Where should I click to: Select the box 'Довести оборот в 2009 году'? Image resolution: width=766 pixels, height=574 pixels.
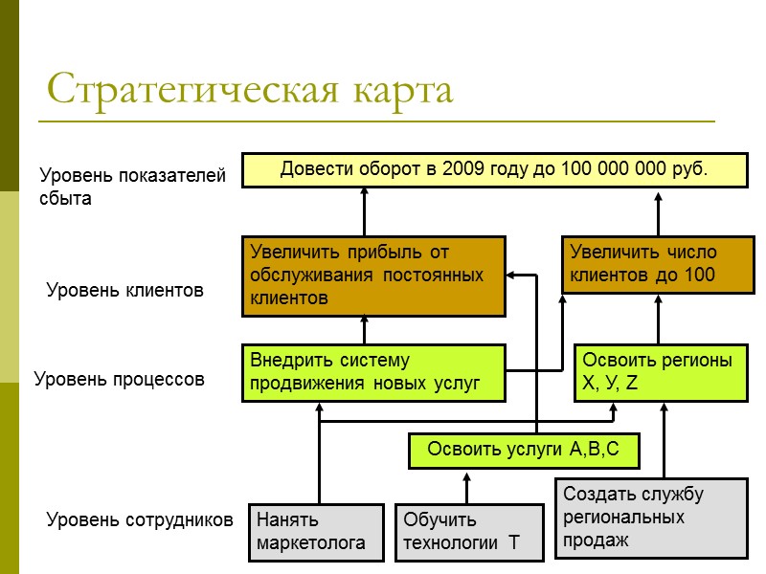[494, 169]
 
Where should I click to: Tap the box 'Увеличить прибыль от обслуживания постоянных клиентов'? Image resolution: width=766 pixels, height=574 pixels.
[372, 276]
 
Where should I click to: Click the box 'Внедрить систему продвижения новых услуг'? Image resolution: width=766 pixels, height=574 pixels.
[372, 372]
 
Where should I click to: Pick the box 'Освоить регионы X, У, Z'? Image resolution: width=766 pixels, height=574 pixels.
[660, 372]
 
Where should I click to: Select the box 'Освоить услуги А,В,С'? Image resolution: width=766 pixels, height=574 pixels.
[523, 451]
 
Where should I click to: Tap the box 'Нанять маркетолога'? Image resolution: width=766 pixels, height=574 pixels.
[311, 532]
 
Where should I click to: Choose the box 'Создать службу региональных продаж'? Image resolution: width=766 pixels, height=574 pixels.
[651, 518]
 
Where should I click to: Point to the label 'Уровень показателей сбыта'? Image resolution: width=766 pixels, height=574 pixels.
[131, 187]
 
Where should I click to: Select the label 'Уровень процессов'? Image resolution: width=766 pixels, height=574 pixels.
[120, 379]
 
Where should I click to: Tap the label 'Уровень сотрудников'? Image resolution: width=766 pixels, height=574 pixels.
[140, 520]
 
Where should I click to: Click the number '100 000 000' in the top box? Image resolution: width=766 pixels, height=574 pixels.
[620, 169]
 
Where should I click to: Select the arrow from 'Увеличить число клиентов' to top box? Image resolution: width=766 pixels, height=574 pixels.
[659, 212]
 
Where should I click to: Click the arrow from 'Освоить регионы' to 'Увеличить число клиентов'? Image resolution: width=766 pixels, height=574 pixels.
[659, 318]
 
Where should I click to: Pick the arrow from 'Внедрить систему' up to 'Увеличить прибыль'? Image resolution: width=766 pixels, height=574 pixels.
[365, 329]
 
